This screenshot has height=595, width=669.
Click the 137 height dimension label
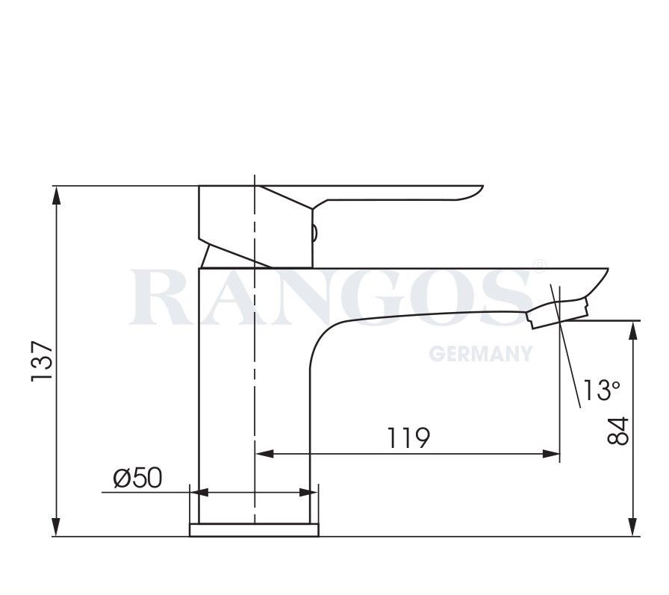point(42,361)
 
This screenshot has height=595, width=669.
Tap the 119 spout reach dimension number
point(408,438)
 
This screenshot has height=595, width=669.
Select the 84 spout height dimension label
point(619,431)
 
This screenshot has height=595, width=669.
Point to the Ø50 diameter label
point(137,478)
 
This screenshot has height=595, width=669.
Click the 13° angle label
point(602,390)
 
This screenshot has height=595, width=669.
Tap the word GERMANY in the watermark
point(481,353)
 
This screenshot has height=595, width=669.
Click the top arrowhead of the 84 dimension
point(632,329)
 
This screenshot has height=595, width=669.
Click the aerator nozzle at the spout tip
point(557,313)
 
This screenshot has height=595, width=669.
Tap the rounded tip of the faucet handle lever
point(475,193)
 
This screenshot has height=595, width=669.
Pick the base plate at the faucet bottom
point(254,529)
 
